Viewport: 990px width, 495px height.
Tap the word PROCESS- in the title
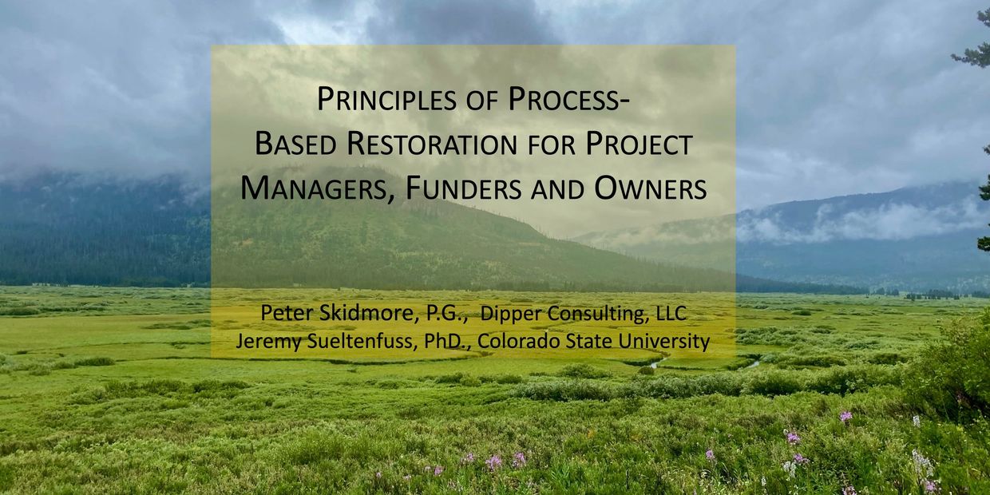[x=569, y=99]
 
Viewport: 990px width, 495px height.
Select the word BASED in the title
[x=295, y=144]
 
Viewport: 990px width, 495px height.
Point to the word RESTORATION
[x=432, y=144]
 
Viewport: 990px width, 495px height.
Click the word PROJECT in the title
[x=639, y=144]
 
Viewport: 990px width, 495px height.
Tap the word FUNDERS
[x=463, y=188]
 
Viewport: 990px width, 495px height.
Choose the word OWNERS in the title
[x=651, y=188]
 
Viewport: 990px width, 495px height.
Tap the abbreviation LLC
[x=671, y=313]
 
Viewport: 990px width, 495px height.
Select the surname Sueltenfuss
[x=362, y=341]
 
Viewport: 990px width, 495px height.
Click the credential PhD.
[x=448, y=341]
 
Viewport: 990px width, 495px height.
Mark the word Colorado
[x=517, y=341]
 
